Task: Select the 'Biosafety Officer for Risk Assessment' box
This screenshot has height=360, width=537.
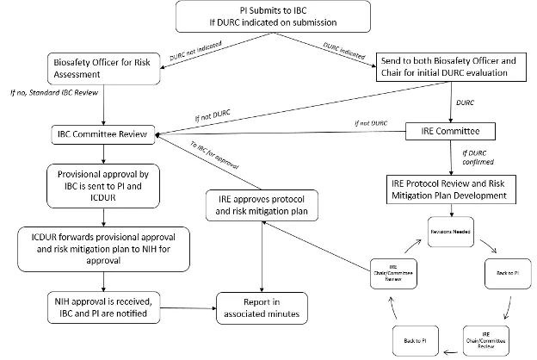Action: tap(105, 68)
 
